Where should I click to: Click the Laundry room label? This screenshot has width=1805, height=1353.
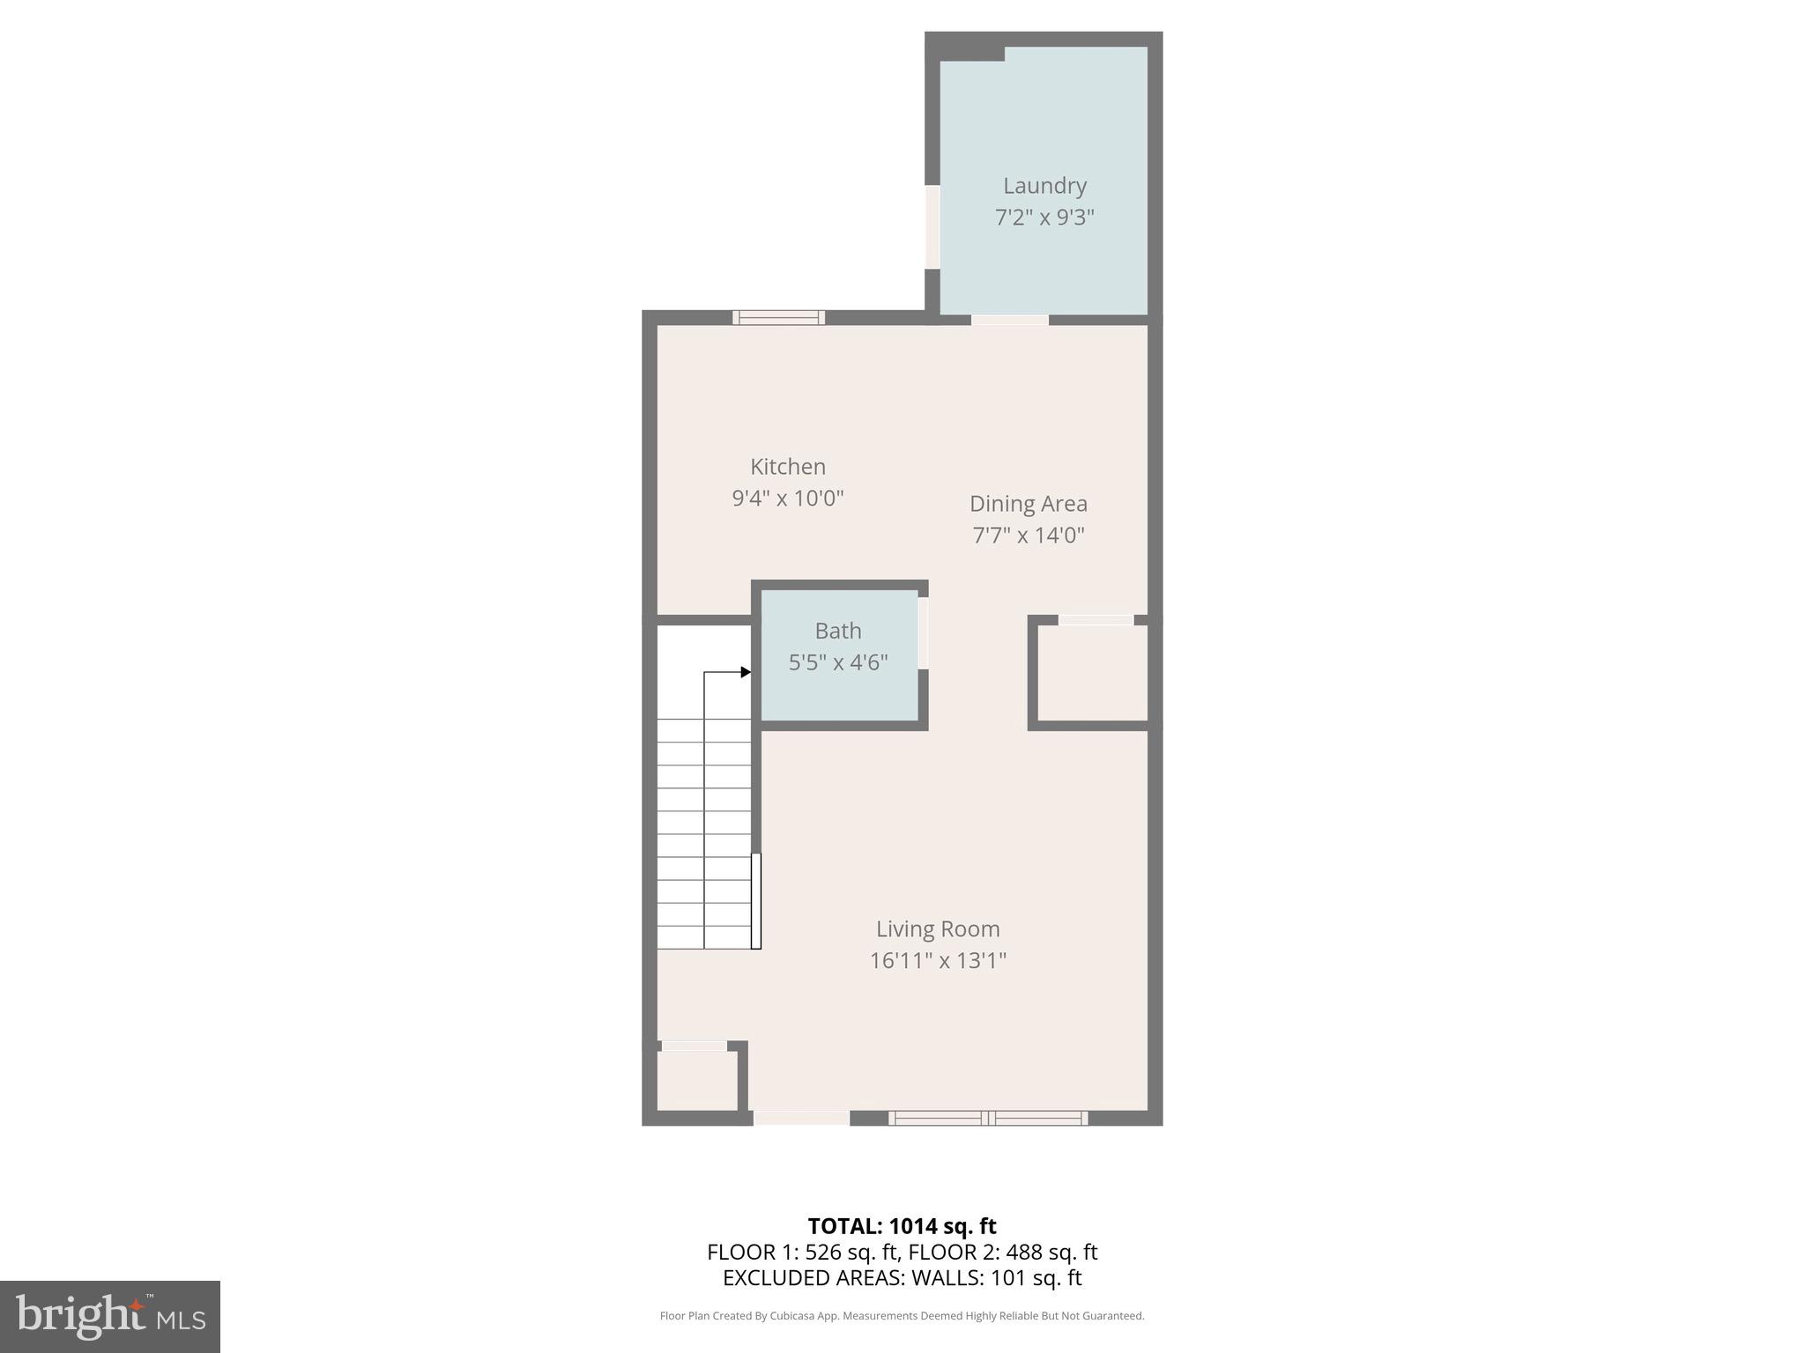coord(1044,186)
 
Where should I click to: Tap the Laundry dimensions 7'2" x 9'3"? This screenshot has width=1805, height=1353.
coord(1044,218)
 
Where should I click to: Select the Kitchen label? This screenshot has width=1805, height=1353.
coord(787,467)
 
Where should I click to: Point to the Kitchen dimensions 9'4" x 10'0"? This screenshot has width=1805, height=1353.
coord(787,499)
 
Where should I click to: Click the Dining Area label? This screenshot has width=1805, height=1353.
coord(1028,504)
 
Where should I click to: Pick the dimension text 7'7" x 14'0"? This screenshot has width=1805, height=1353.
coord(1028,536)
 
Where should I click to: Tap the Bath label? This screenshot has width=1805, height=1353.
coord(837,631)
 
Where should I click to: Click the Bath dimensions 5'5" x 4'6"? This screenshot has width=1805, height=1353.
coord(837,662)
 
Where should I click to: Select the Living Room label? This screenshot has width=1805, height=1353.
coord(937,928)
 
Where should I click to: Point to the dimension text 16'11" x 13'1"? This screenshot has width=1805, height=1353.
coord(937,960)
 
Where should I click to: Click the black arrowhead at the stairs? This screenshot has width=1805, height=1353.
coord(746,672)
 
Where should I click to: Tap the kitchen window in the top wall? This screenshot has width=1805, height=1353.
coord(779,318)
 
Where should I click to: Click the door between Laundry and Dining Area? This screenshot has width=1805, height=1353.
coord(1010,320)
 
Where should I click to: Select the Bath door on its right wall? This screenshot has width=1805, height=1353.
coord(923,633)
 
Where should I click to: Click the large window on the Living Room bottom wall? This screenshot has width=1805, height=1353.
coord(988,1118)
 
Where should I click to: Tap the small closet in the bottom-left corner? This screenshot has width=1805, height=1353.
coord(696,1081)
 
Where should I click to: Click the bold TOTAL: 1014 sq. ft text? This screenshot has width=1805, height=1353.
coord(902,1226)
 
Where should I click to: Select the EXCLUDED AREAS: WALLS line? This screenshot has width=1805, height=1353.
coord(902,1277)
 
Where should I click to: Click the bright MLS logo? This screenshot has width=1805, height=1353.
coord(110,1317)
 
